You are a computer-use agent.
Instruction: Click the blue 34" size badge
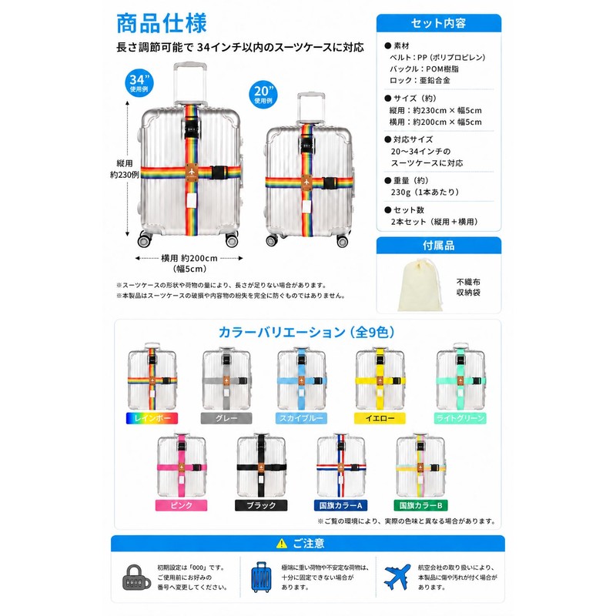coord(139,83)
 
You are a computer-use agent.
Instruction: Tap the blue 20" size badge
coord(263,95)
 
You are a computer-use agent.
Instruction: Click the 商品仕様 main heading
coord(162,23)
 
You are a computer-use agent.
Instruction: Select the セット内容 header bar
coord(438,23)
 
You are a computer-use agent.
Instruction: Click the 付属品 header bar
coord(438,246)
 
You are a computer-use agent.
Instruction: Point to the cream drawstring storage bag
coord(420,285)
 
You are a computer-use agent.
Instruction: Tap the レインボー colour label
coord(152,418)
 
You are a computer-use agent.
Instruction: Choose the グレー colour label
coord(226,418)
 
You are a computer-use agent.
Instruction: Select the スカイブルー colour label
coord(301,418)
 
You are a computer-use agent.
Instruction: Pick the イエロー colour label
coord(380,418)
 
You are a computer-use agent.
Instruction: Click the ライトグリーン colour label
coord(460,418)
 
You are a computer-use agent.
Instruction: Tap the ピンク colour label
coord(181,505)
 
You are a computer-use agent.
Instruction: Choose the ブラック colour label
coord(261,505)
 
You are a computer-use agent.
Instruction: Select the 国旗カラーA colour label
coord(340,505)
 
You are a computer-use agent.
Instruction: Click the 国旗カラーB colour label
coord(420,505)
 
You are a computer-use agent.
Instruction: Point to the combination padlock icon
coord(136,577)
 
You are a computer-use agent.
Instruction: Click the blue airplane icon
coord(397,577)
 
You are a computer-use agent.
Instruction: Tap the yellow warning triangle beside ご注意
coord(282,544)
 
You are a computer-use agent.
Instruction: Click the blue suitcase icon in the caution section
coord(261,577)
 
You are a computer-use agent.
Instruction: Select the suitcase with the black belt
coord(261,466)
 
